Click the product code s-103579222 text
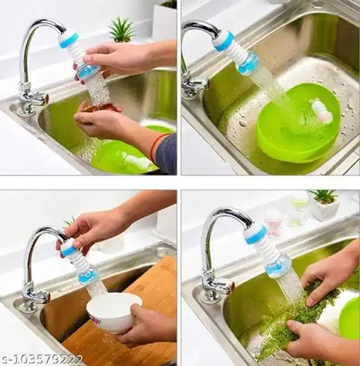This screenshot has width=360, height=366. click(42, 359)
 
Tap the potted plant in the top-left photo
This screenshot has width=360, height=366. click(121, 29)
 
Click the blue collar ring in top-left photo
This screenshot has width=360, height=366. click(69, 40)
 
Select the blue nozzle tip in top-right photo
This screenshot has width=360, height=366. click(247, 65)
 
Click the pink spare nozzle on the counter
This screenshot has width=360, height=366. click(273, 222)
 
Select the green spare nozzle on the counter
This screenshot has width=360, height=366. click(299, 207)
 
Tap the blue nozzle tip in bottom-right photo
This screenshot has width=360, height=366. click(279, 265)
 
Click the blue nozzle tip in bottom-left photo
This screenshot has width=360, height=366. click(88, 275)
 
